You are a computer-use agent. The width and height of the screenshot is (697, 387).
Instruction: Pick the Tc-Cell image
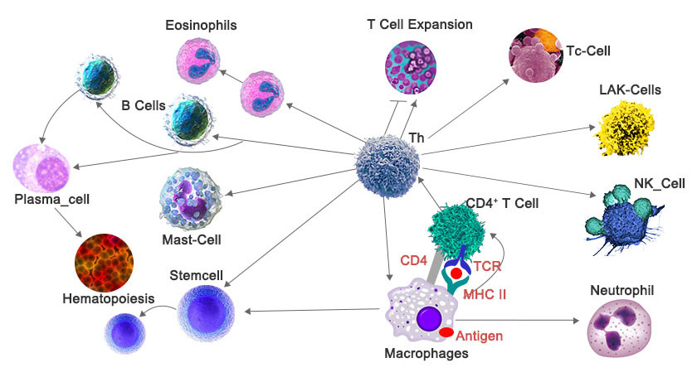pyautogui.click(x=535, y=54)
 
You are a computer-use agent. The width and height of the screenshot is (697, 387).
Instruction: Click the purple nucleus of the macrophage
pyautogui.click(x=430, y=318)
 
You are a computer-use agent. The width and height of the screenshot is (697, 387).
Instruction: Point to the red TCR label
pyautogui.click(x=488, y=267)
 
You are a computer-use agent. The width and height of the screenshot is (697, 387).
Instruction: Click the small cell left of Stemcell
pyautogui.click(x=125, y=331)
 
